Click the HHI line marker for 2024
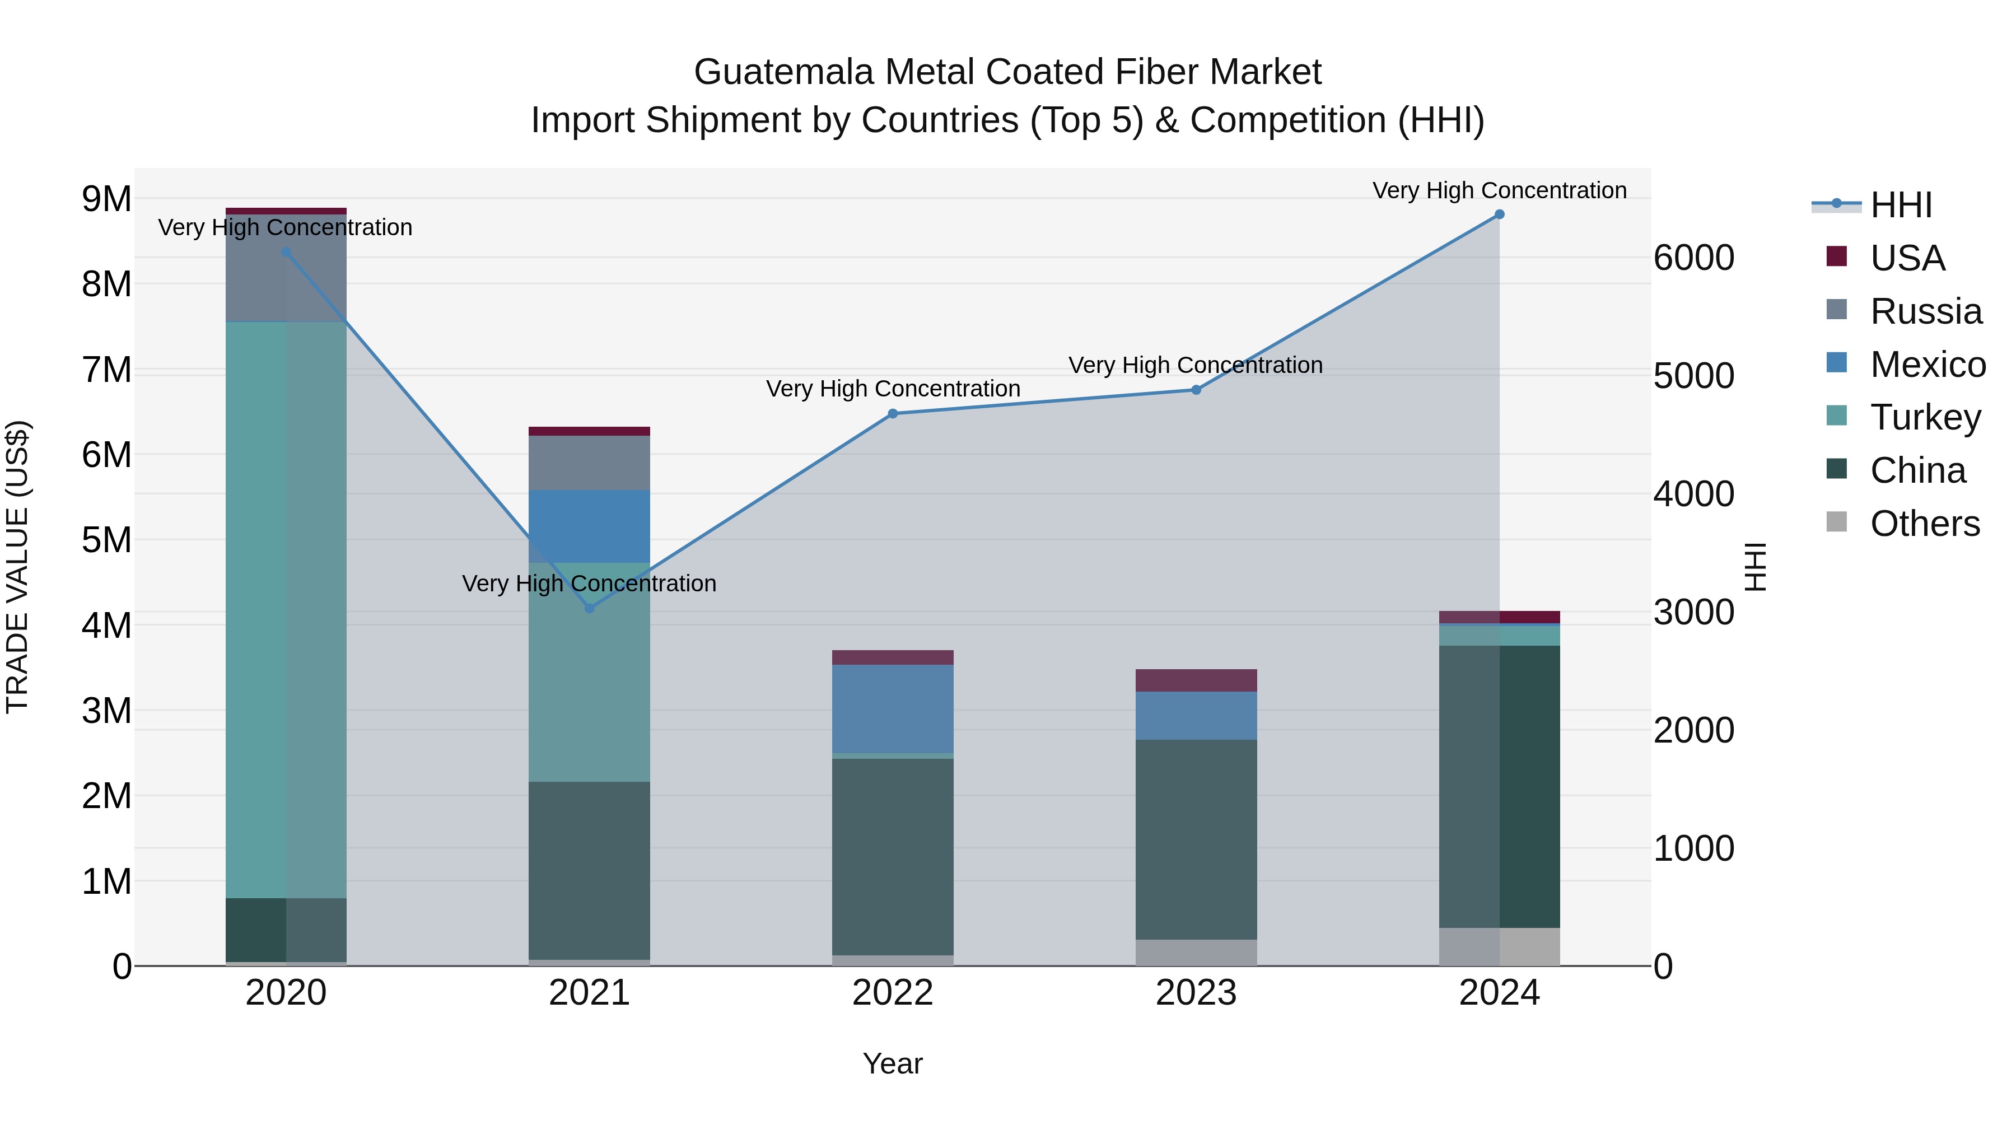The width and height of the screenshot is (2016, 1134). [x=1499, y=214]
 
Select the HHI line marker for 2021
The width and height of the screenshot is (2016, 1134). [x=589, y=608]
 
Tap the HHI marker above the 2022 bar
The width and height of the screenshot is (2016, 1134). [x=892, y=414]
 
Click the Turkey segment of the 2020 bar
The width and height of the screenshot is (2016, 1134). [x=286, y=610]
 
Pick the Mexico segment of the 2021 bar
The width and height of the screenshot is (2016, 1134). [x=589, y=527]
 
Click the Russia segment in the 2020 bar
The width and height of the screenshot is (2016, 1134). [x=286, y=268]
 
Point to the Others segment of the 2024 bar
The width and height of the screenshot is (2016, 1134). [x=1499, y=946]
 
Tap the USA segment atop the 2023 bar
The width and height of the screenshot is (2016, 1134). [x=1196, y=680]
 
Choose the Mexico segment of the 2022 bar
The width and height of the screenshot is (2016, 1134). [x=892, y=709]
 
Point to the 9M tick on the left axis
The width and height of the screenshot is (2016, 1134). [x=106, y=199]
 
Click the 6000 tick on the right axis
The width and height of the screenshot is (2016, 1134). [x=1693, y=258]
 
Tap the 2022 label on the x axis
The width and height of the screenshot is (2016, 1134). [x=892, y=993]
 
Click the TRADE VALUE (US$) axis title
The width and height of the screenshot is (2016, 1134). [x=17, y=567]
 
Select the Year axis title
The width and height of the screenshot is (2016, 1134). [x=892, y=1063]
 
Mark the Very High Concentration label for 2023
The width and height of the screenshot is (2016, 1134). [x=1195, y=366]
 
